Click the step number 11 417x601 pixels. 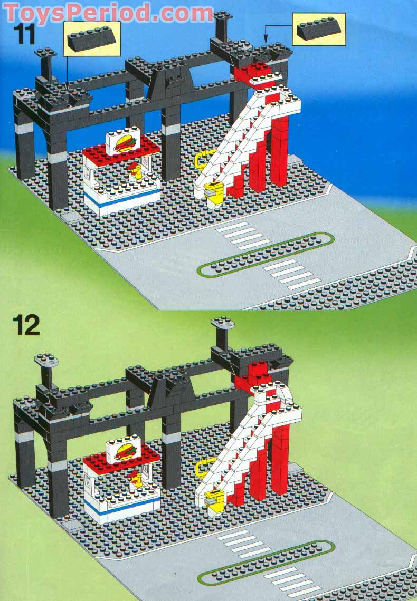coord(26,34)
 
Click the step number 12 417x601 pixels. coord(26,325)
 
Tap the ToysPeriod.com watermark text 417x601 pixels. coord(108,12)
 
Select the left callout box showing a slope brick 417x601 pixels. coord(92,38)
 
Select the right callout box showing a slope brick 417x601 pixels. coord(319,29)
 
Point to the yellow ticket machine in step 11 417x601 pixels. coord(213,193)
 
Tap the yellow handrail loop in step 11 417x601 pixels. coord(201,161)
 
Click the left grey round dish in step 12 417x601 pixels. coord(46,360)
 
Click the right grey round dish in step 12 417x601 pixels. coord(223,323)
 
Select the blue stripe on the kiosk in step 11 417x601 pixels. coord(121,198)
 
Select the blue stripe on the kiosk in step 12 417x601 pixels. coord(121,506)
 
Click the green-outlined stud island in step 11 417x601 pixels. coord(266,254)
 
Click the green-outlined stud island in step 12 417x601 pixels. coord(266,563)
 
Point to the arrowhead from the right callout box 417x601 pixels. coord(264,41)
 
